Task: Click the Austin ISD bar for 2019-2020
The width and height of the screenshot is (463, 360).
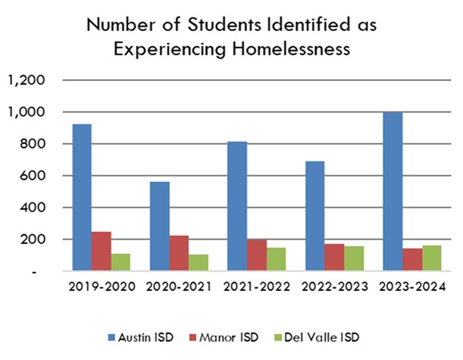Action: pos(82,197)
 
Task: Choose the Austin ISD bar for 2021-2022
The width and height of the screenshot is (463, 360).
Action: pos(237,205)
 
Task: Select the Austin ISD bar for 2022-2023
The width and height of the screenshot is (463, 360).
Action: pos(315,215)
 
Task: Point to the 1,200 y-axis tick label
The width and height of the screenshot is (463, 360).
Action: pos(28,80)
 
